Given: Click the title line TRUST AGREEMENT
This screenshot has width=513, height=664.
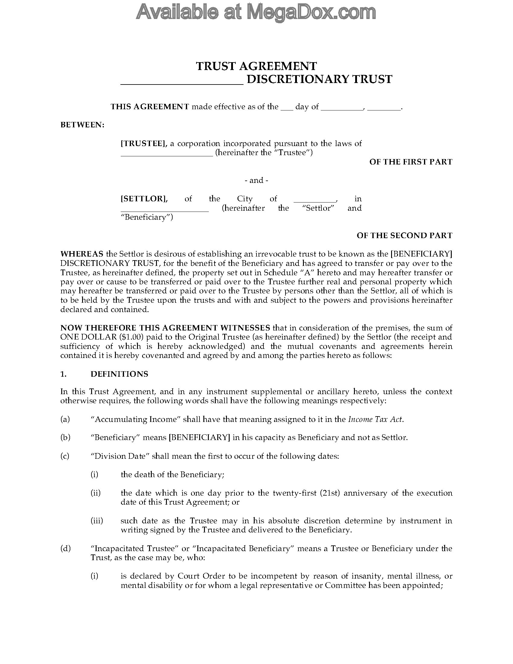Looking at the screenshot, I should (x=256, y=66).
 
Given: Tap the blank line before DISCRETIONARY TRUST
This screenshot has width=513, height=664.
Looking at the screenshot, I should (x=182, y=82).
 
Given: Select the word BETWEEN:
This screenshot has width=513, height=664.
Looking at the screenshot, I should (x=82, y=125).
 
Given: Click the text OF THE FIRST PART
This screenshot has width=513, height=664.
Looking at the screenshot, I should (x=411, y=162).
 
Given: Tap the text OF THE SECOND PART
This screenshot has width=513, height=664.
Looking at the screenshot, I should (x=404, y=235).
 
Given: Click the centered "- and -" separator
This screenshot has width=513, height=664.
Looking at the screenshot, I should (x=256, y=180).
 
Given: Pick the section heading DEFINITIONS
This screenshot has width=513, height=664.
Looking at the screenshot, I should (x=119, y=374).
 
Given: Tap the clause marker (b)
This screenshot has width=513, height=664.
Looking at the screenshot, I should (x=65, y=438).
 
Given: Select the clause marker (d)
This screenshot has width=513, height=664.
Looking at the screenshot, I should (x=65, y=548).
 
